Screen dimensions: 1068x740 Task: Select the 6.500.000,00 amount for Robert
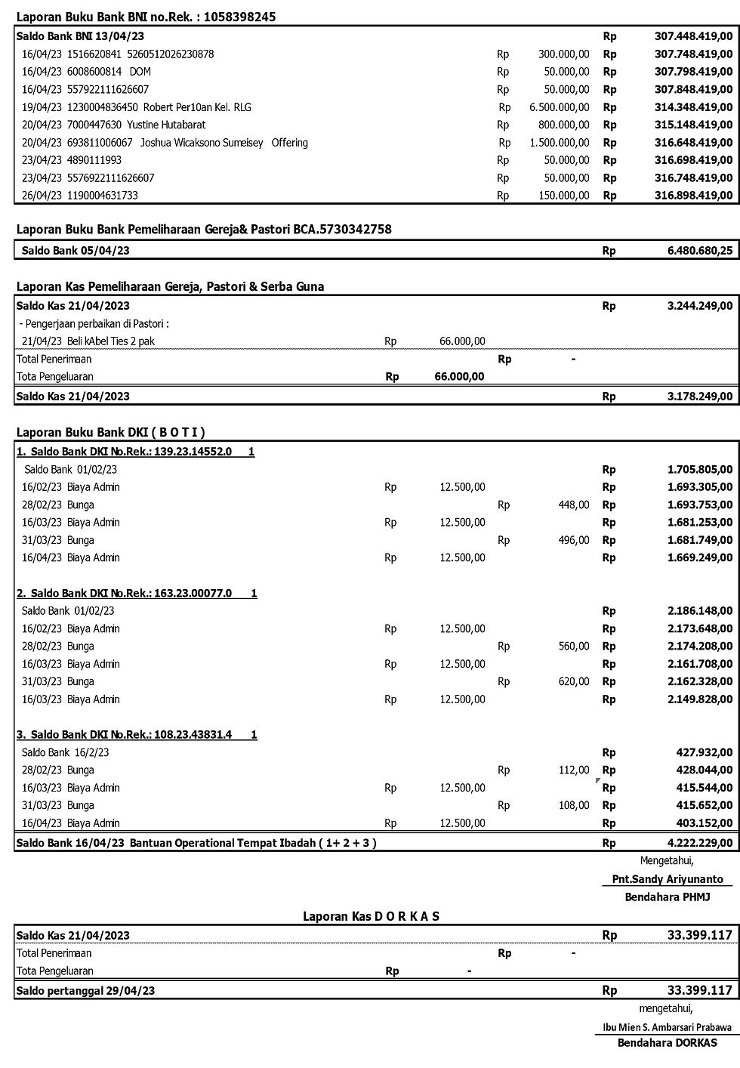pos(560,107)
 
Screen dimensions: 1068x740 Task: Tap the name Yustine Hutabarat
pos(166,125)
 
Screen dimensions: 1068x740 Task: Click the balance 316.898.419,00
pos(693,196)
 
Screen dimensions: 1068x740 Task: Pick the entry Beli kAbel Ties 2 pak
pos(110,341)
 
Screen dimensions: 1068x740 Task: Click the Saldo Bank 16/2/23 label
pos(66,753)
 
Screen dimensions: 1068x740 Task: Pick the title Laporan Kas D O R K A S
pos(372,917)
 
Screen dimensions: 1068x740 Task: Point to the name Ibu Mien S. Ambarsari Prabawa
pos(667,1027)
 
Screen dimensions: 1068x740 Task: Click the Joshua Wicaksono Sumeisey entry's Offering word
pos(290,143)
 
